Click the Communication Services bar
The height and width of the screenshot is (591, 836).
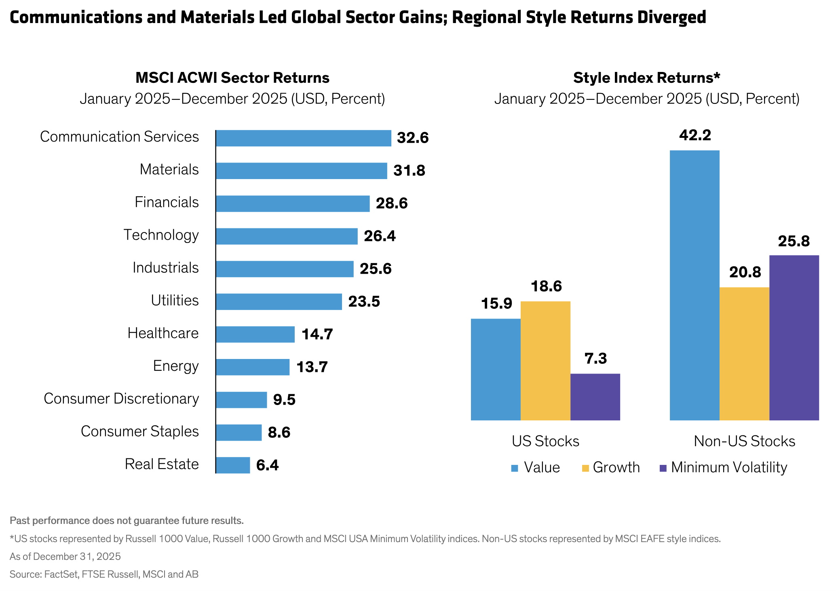pyautogui.click(x=303, y=138)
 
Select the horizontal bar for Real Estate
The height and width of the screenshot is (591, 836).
pyautogui.click(x=233, y=465)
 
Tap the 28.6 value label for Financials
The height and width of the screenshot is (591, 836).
pyautogui.click(x=391, y=203)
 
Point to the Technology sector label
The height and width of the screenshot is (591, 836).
pyautogui.click(x=161, y=235)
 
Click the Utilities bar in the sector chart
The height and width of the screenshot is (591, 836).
pyautogui.click(x=279, y=302)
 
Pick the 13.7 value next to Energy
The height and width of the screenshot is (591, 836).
pyautogui.click(x=312, y=367)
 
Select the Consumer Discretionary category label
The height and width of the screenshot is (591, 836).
pyautogui.click(x=121, y=399)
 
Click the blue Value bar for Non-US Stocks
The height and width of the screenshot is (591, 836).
pyautogui.click(x=694, y=285)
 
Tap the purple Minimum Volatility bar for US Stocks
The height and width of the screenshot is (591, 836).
pyautogui.click(x=595, y=397)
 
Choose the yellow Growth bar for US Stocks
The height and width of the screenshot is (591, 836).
pyautogui.click(x=545, y=361)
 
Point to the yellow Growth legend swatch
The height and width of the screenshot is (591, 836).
pyautogui.click(x=585, y=468)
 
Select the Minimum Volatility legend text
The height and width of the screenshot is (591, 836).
pyautogui.click(x=729, y=468)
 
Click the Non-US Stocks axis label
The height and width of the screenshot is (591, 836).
pyautogui.click(x=744, y=441)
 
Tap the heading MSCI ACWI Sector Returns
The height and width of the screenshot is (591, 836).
pyautogui.click(x=232, y=78)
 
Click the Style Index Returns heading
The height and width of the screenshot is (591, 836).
pyautogui.click(x=646, y=78)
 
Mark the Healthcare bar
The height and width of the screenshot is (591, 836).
pyautogui.click(x=255, y=334)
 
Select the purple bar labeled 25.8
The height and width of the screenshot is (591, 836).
pyautogui.click(x=794, y=338)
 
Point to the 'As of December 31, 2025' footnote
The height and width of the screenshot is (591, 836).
pyautogui.click(x=65, y=557)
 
